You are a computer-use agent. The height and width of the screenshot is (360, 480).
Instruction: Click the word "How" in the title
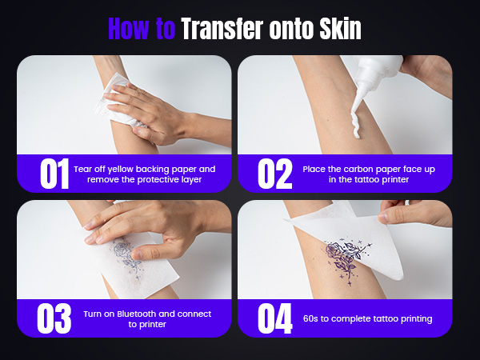130,29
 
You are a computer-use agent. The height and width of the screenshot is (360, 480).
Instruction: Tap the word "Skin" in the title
341,29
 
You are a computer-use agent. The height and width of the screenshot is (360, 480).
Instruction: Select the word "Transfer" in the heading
222,29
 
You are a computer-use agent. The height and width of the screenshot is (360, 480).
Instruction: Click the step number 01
54,174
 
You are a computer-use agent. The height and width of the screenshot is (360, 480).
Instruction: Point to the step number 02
275,174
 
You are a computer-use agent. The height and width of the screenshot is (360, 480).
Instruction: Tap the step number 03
54,318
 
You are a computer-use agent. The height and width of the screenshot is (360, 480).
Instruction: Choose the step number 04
275,318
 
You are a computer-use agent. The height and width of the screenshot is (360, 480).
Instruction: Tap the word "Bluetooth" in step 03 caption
137,314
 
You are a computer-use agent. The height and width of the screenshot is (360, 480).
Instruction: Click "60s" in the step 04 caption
310,318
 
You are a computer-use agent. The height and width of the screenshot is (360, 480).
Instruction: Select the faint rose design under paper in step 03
126,258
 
